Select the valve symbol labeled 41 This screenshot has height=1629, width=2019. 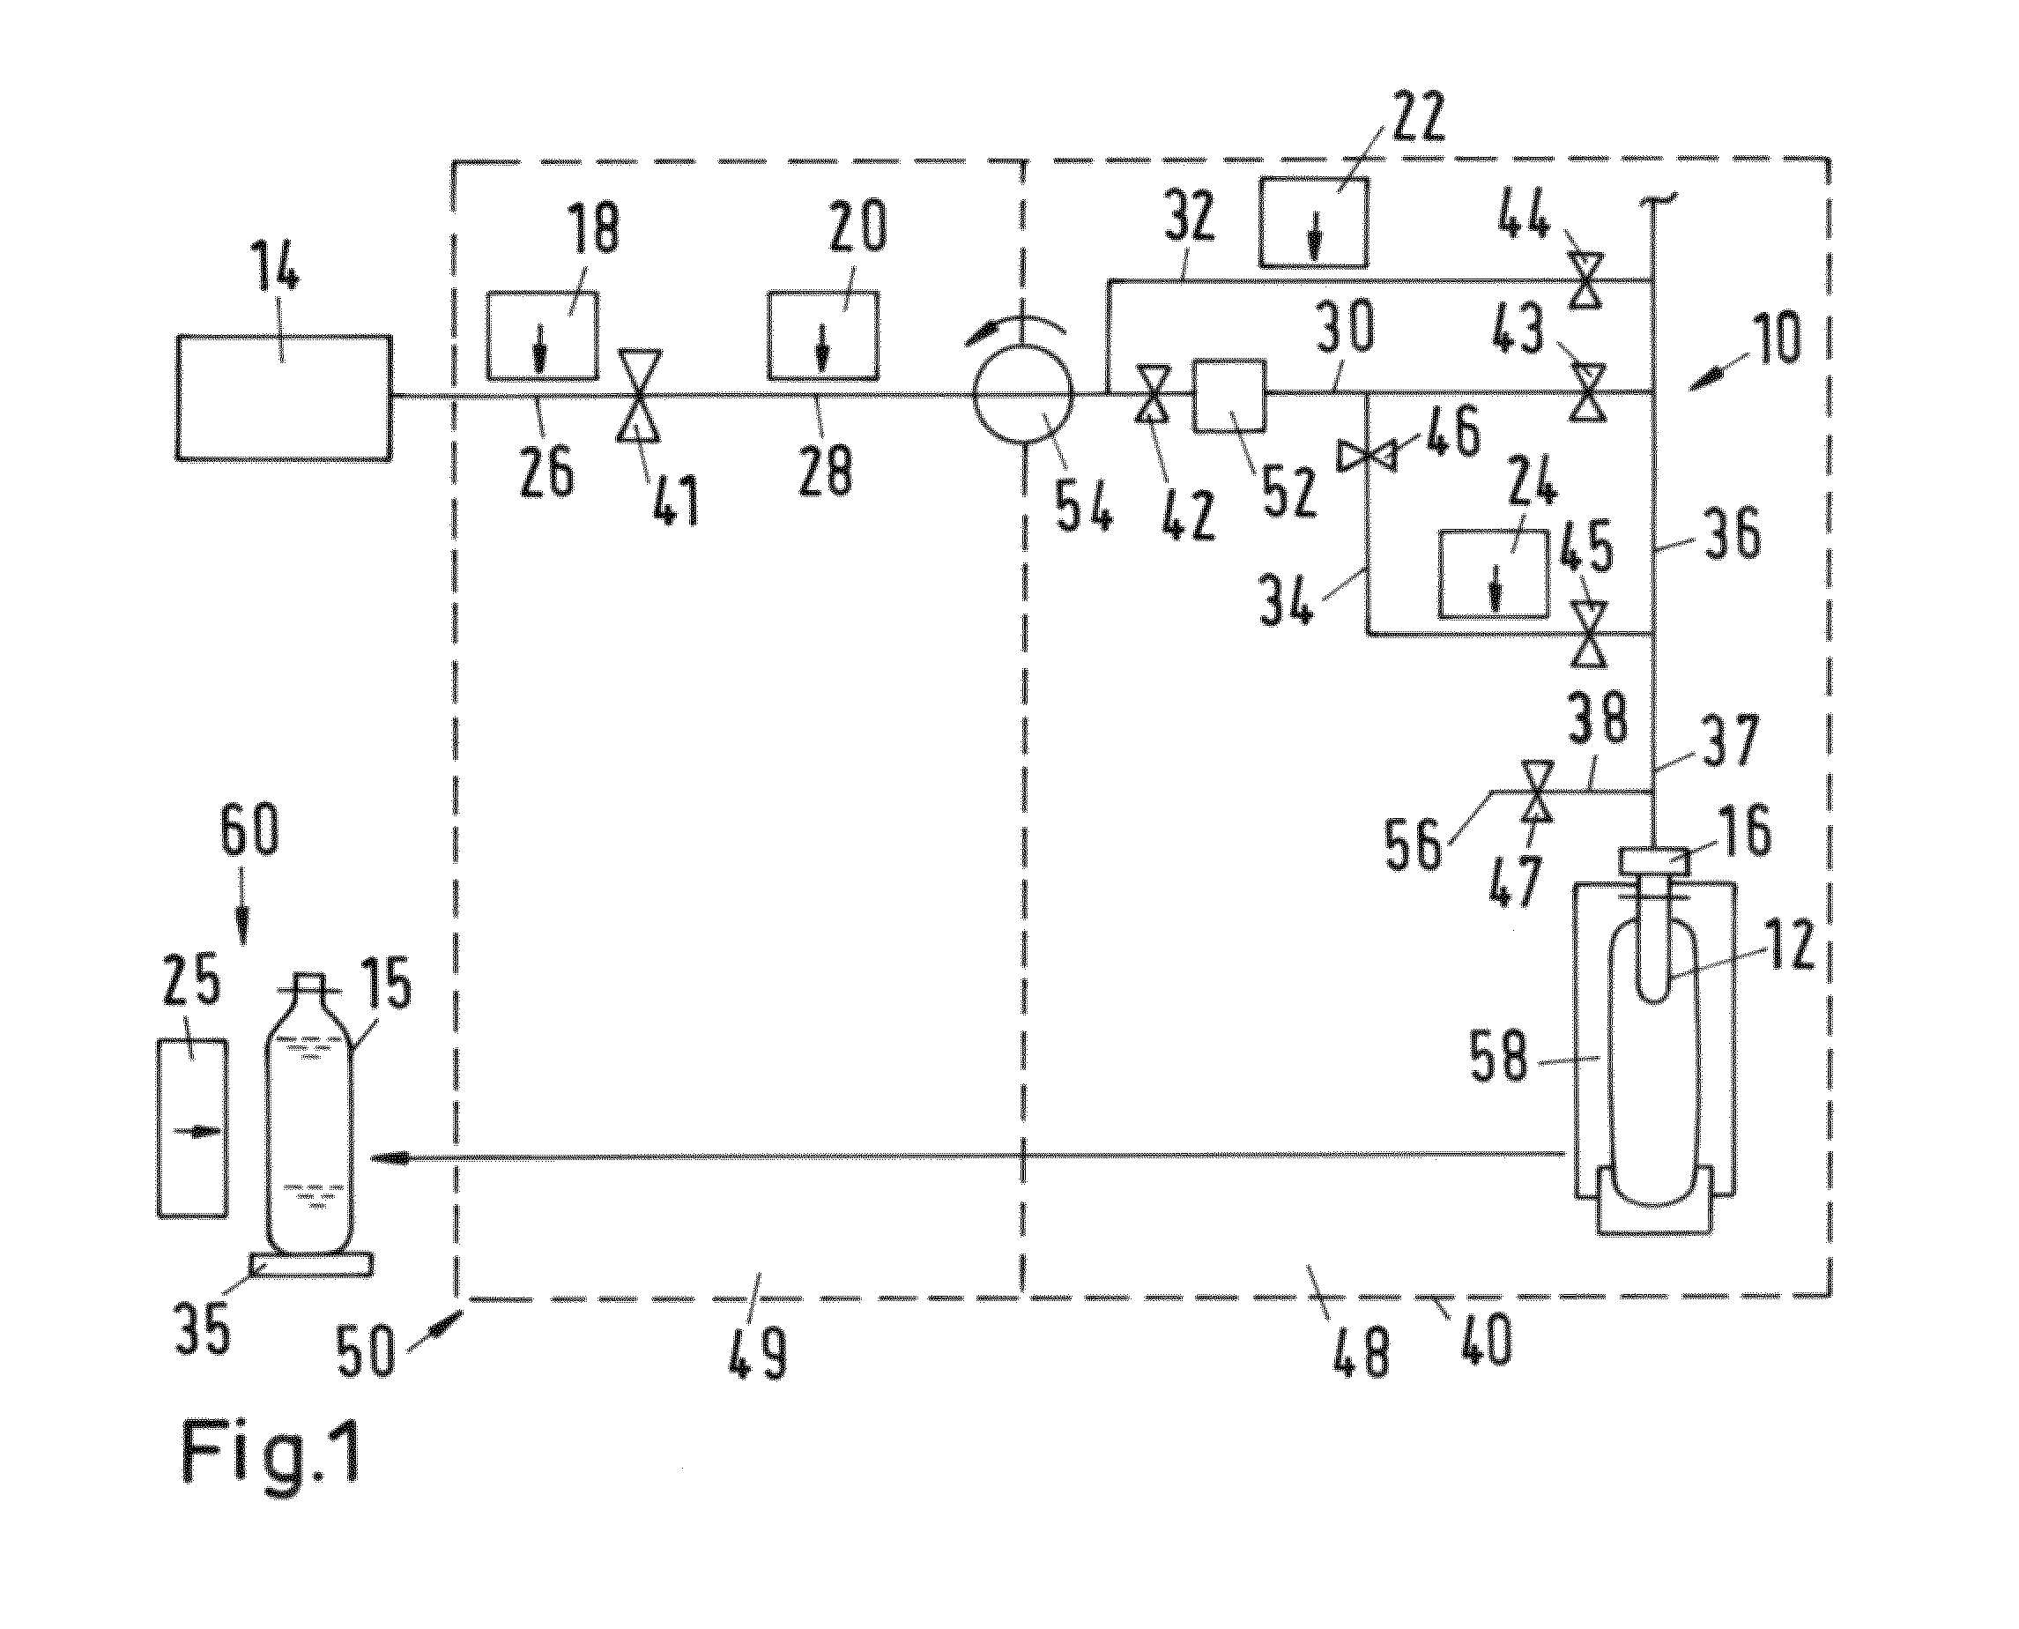640,395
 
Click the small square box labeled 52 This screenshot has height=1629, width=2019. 1228,395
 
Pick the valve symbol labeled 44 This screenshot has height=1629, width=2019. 1587,279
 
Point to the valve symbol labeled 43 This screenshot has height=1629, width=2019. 1587,392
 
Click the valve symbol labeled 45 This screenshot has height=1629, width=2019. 1587,636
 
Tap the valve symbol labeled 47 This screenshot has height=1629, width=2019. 1536,792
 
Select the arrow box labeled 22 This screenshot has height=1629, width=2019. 1312,221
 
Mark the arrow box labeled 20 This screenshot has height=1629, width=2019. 824,336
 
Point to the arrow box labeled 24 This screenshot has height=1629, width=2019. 1495,574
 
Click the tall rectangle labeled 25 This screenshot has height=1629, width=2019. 192,1128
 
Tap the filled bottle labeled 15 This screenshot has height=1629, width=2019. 310,1114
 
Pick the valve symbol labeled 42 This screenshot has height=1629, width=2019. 1152,395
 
